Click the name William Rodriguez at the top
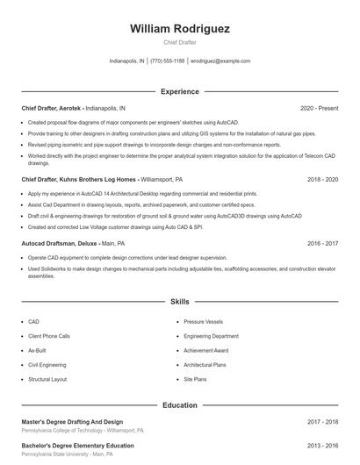click(x=180, y=29)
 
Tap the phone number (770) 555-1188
click(x=168, y=61)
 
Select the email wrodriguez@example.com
click(x=220, y=61)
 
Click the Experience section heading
click(x=180, y=91)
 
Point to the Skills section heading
click(x=180, y=301)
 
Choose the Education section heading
click(x=180, y=405)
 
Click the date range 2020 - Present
click(x=319, y=108)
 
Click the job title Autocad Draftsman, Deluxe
click(x=59, y=243)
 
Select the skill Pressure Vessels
click(x=205, y=322)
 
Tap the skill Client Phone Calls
click(x=49, y=336)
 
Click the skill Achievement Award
click(x=206, y=350)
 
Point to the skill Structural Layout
click(x=47, y=379)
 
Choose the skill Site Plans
click(x=195, y=379)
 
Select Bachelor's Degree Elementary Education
click(x=77, y=446)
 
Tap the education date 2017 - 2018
click(x=322, y=422)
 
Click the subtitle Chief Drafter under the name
click(x=180, y=42)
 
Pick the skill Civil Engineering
click(x=47, y=364)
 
